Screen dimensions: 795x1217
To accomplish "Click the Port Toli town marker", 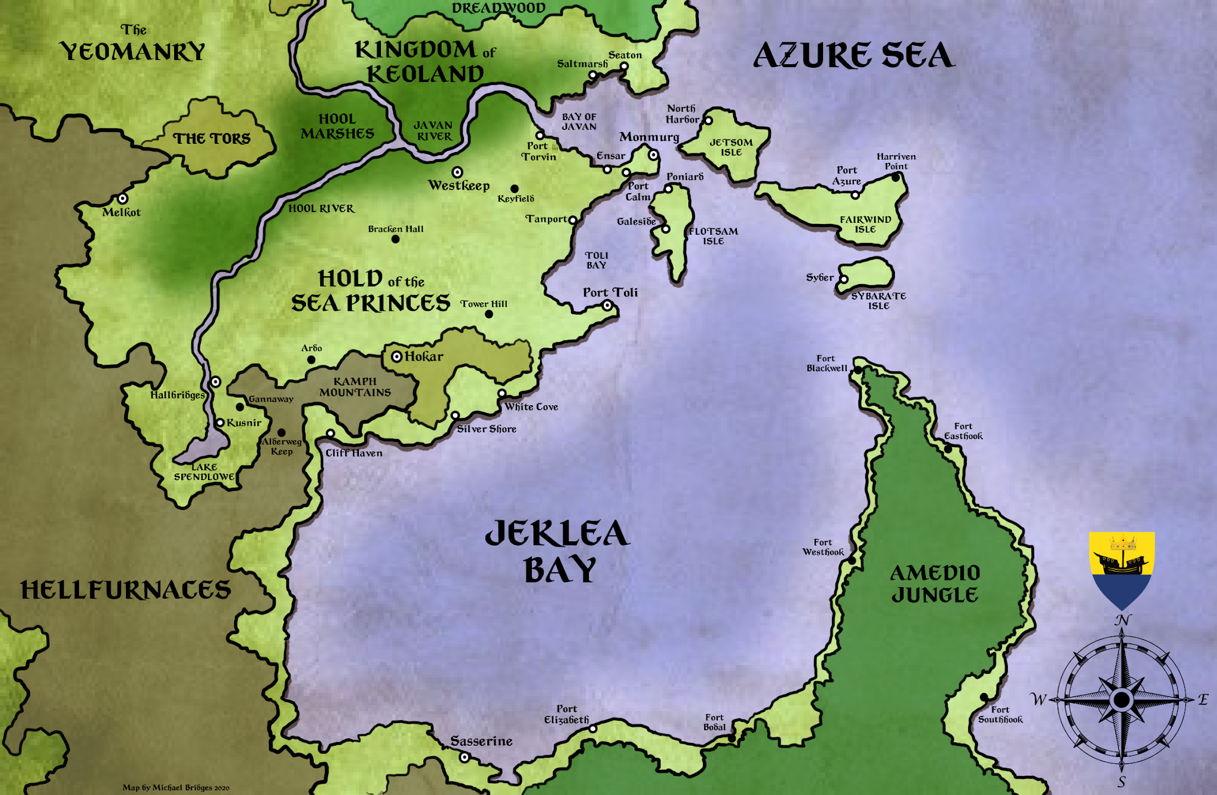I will point(607,305).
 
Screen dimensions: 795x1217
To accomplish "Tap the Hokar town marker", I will point(396,357).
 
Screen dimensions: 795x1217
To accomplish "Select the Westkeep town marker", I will point(457,172).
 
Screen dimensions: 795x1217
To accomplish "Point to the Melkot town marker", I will point(122,198).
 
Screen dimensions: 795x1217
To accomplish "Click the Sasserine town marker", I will point(465,757).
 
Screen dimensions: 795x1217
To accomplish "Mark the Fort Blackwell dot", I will point(858,370).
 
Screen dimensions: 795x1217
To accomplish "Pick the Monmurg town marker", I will point(653,155).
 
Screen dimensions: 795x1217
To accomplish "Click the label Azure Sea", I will point(853,56).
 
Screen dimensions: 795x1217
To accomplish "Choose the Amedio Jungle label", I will point(935,583).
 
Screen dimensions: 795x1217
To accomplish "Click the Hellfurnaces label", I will point(125,590).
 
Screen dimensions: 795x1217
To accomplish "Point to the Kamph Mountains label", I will point(355,387).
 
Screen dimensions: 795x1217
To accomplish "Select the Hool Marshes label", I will point(337,127).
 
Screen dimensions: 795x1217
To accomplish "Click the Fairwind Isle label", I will point(865,224).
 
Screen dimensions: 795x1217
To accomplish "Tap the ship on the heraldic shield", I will point(1120,562).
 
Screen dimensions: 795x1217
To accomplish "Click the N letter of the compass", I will point(1122,620).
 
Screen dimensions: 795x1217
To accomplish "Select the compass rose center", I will point(1121,700).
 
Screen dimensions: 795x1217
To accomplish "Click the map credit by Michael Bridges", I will point(176,787).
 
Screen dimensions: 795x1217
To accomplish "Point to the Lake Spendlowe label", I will point(204,472).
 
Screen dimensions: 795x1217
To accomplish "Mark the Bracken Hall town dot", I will point(395,239).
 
